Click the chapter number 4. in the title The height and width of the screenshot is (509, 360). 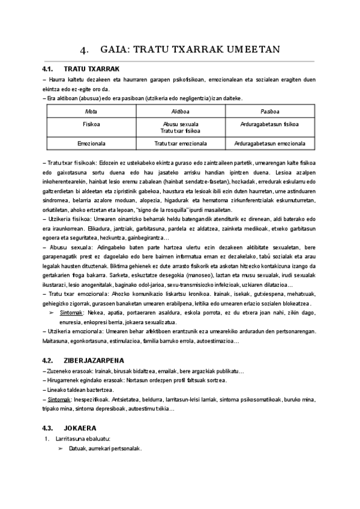pos(84,50)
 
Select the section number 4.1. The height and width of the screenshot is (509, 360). pos(49,69)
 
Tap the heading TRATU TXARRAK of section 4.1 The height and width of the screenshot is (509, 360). pos(92,69)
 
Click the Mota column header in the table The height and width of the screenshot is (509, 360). pos(91,112)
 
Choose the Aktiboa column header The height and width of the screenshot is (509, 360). pos(180,112)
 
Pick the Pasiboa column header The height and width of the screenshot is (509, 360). pos(269,112)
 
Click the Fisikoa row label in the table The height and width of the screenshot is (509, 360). pos(91,124)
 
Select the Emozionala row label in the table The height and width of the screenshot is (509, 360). pos(91,143)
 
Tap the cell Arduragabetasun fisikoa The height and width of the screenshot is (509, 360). pos(269,124)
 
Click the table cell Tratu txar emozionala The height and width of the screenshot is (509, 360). pos(180,143)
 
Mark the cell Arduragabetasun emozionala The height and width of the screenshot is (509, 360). pos(269,143)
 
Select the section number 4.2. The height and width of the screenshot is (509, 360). pos(49,360)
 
